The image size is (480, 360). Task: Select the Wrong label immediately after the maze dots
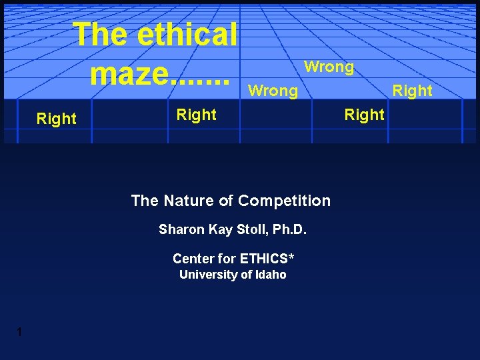click(x=273, y=90)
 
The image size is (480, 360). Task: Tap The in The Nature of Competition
click(x=144, y=201)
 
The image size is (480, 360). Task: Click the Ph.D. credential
click(x=288, y=230)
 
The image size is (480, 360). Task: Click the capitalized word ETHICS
click(x=263, y=259)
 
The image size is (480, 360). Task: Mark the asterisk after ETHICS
click(x=291, y=256)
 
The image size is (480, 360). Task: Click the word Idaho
click(x=270, y=275)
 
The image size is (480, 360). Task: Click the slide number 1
click(x=20, y=333)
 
